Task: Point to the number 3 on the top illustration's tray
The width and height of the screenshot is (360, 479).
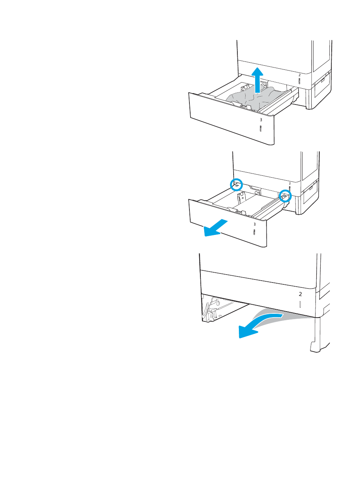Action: [261, 120]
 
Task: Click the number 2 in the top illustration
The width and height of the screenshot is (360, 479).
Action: [300, 75]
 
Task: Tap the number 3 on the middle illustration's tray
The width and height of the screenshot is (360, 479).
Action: [255, 224]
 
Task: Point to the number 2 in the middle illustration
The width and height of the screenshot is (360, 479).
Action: [290, 183]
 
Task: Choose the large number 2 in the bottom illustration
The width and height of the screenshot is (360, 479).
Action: [300, 294]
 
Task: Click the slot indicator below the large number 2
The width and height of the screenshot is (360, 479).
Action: [300, 304]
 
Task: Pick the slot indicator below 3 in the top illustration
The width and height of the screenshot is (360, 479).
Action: [260, 129]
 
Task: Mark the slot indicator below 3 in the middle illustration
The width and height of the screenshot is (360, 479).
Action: [254, 232]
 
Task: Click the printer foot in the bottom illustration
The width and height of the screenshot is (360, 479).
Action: [315, 347]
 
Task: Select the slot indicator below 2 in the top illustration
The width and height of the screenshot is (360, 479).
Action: [299, 81]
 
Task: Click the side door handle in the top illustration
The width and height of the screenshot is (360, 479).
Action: [322, 80]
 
